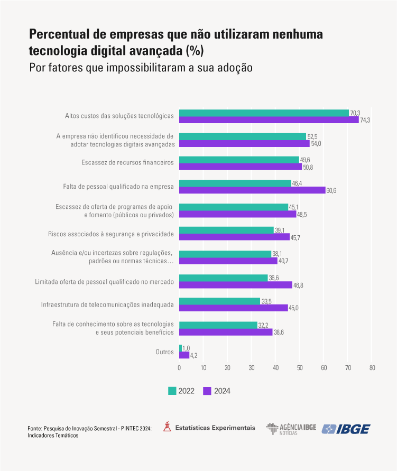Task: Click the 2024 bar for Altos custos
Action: pyautogui.click(x=269, y=120)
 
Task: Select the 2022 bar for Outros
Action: pyautogui.click(x=180, y=348)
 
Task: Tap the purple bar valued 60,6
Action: pyautogui.click(x=252, y=190)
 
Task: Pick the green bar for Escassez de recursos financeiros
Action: pyautogui.click(x=239, y=160)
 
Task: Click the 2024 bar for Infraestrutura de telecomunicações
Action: pyautogui.click(x=233, y=308)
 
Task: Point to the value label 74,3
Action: pyautogui.click(x=365, y=121)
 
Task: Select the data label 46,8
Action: pyautogui.click(x=299, y=285)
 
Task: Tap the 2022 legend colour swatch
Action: pyautogui.click(x=172, y=391)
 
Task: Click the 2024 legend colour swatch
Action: pyautogui.click(x=207, y=391)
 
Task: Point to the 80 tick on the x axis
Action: pyautogui.click(x=372, y=368)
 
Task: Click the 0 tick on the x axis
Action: pyautogui.click(x=179, y=368)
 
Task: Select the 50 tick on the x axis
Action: pyautogui.click(x=300, y=368)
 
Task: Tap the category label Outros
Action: pyautogui.click(x=164, y=352)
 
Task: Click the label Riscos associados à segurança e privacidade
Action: pyautogui.click(x=110, y=233)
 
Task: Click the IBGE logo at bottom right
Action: pyautogui.click(x=346, y=429)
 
